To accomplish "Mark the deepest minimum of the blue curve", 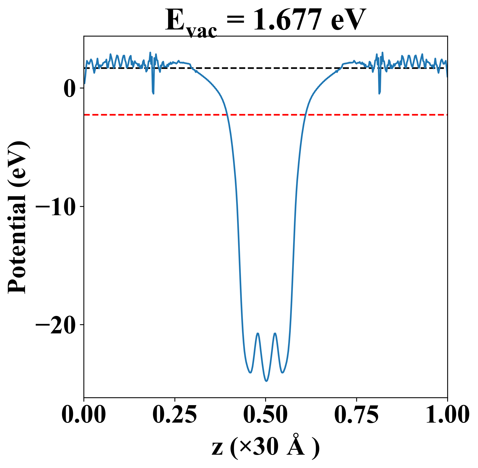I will tap(266, 381).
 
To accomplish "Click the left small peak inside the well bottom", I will tap(258, 333).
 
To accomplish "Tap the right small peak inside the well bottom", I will tap(275, 333).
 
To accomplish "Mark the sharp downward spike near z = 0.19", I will tap(153, 93).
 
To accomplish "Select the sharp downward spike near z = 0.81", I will tap(379, 93).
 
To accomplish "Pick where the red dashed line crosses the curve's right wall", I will tap(305, 115).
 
